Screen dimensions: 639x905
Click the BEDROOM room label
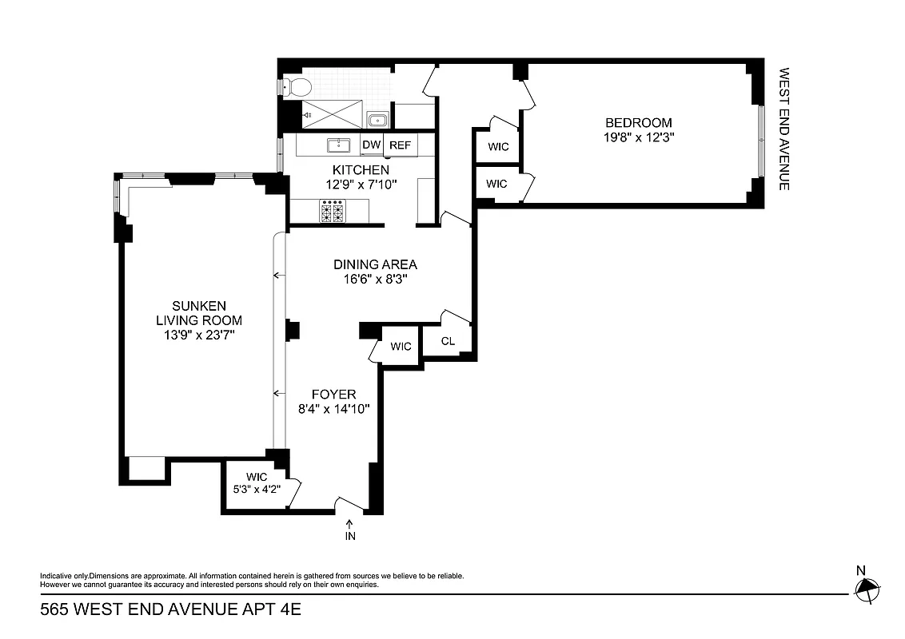click(638, 123)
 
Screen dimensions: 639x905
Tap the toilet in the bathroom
click(297, 86)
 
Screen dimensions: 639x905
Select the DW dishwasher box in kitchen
click(371, 145)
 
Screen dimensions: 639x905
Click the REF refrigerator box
click(400, 145)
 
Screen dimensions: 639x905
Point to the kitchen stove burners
click(332, 211)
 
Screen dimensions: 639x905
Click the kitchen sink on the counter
click(341, 145)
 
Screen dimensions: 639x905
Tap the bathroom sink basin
click(377, 121)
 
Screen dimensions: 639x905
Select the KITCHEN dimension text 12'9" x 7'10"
click(361, 185)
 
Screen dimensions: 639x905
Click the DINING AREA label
click(375, 264)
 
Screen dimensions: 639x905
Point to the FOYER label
click(333, 395)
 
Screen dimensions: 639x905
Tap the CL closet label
click(448, 341)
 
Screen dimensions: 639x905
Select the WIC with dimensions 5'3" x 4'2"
click(257, 490)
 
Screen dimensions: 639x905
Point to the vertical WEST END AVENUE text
click(784, 128)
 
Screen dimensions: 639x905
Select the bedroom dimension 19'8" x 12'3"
click(638, 137)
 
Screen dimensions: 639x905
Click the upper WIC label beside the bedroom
click(497, 147)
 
